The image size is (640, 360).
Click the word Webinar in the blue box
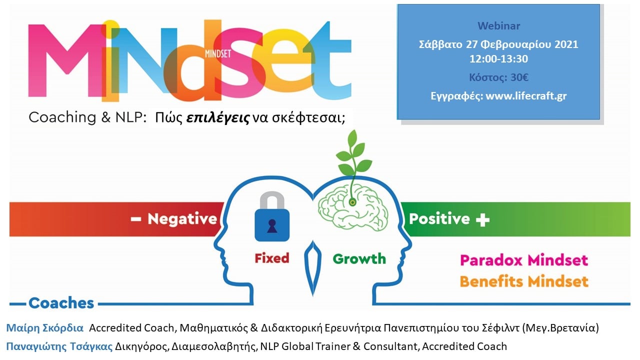point(498,26)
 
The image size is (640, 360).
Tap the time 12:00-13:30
point(498,59)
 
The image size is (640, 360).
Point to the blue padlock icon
point(272,220)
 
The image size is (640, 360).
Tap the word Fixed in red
point(272,258)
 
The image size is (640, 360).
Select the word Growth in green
point(359,259)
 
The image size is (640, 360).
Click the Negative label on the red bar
point(181,219)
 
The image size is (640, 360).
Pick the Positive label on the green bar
point(439,219)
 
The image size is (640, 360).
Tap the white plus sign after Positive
point(482,219)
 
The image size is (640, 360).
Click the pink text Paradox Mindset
point(523,260)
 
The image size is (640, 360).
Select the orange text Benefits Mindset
point(523,281)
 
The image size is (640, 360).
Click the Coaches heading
point(61,303)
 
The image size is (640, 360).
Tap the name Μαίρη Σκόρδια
point(44,328)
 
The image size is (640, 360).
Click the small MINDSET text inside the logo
point(218,52)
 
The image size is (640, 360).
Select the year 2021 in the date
point(565,44)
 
